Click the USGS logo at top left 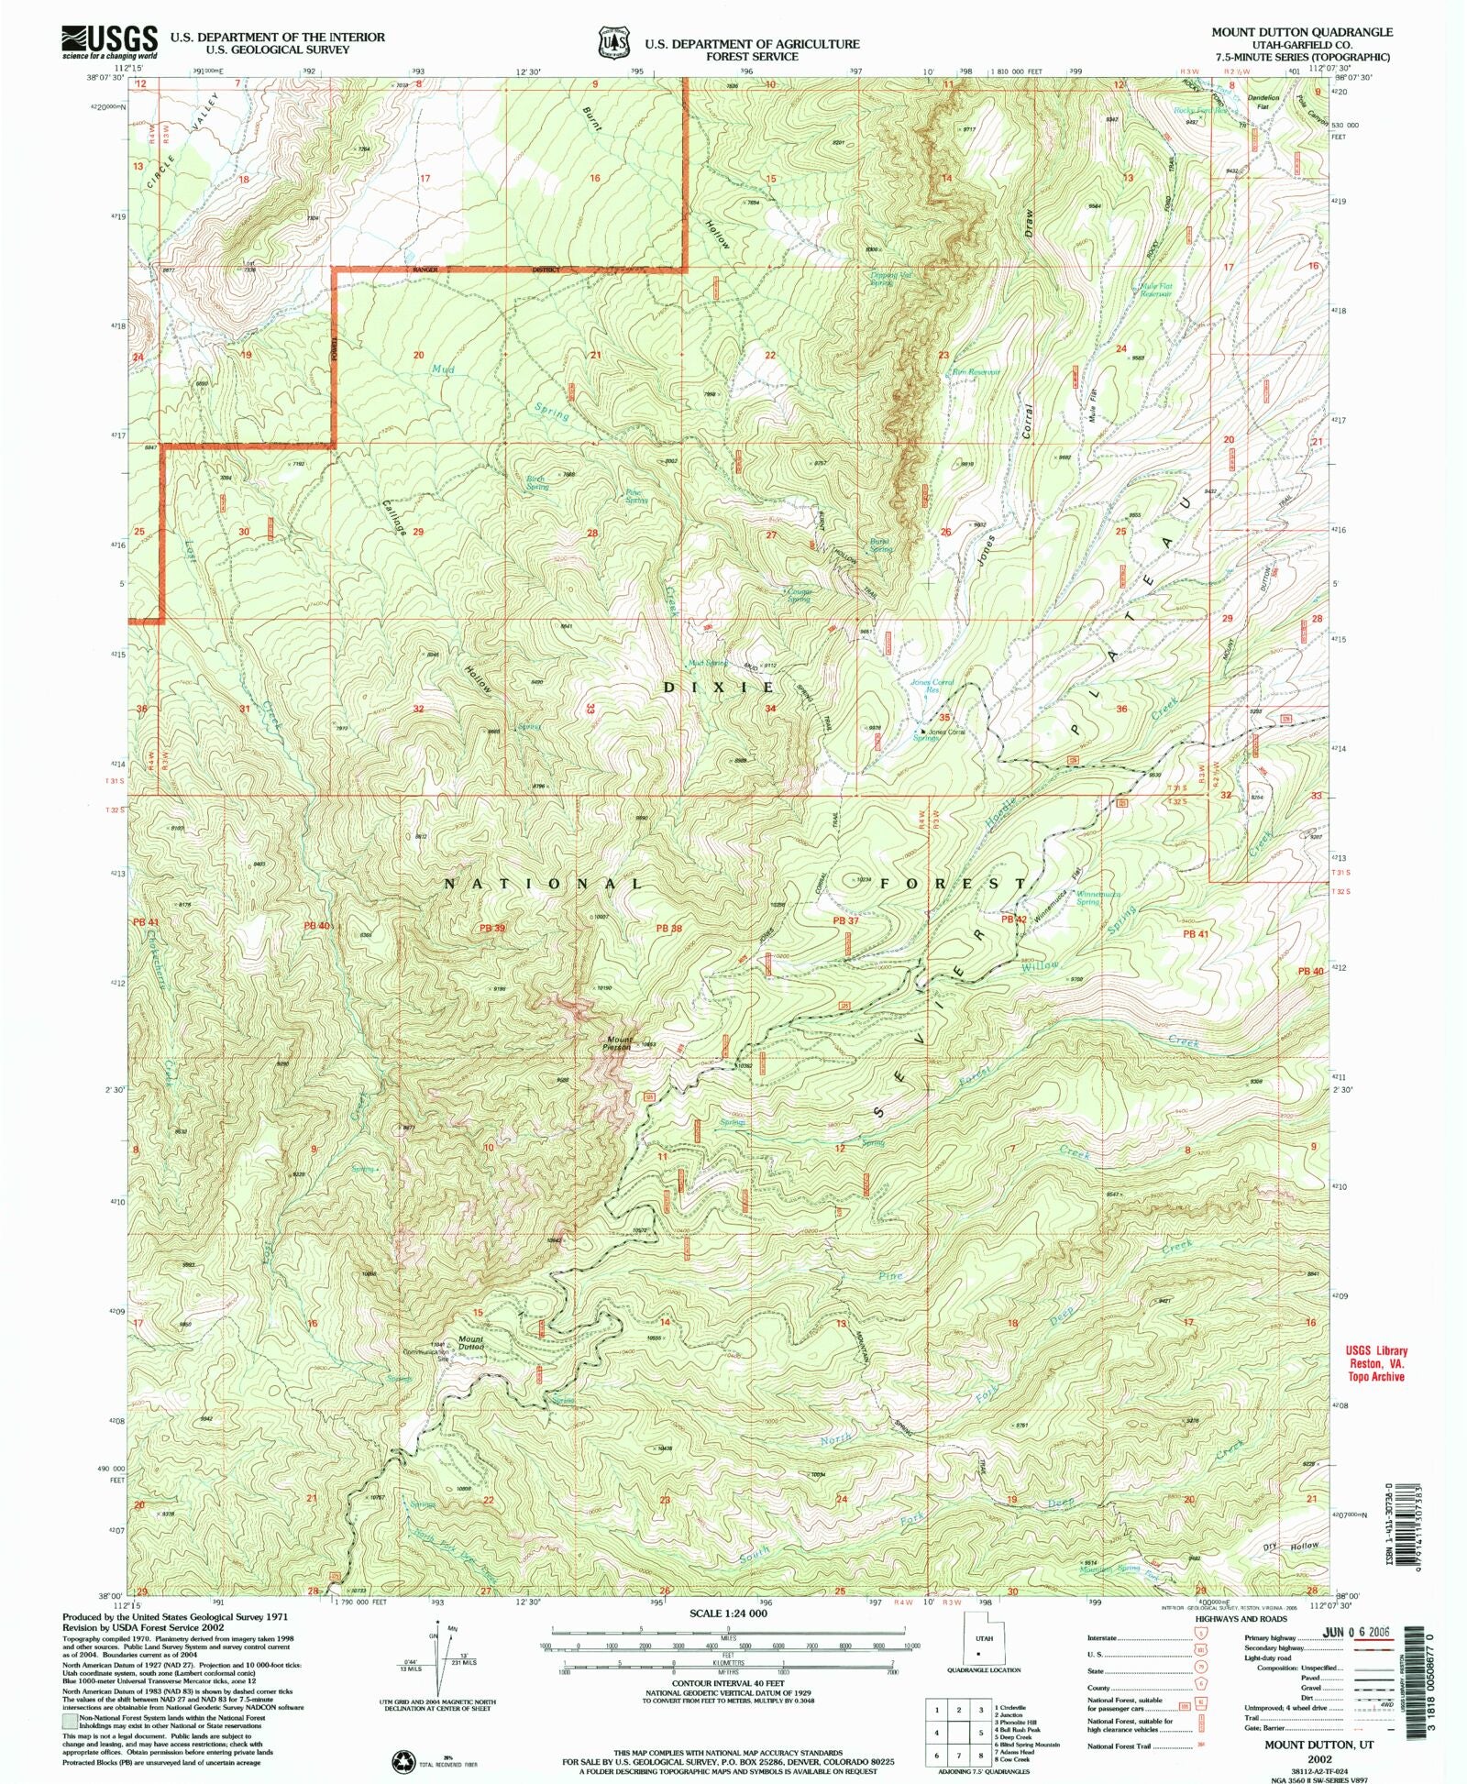109,41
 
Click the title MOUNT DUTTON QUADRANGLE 1301,32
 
